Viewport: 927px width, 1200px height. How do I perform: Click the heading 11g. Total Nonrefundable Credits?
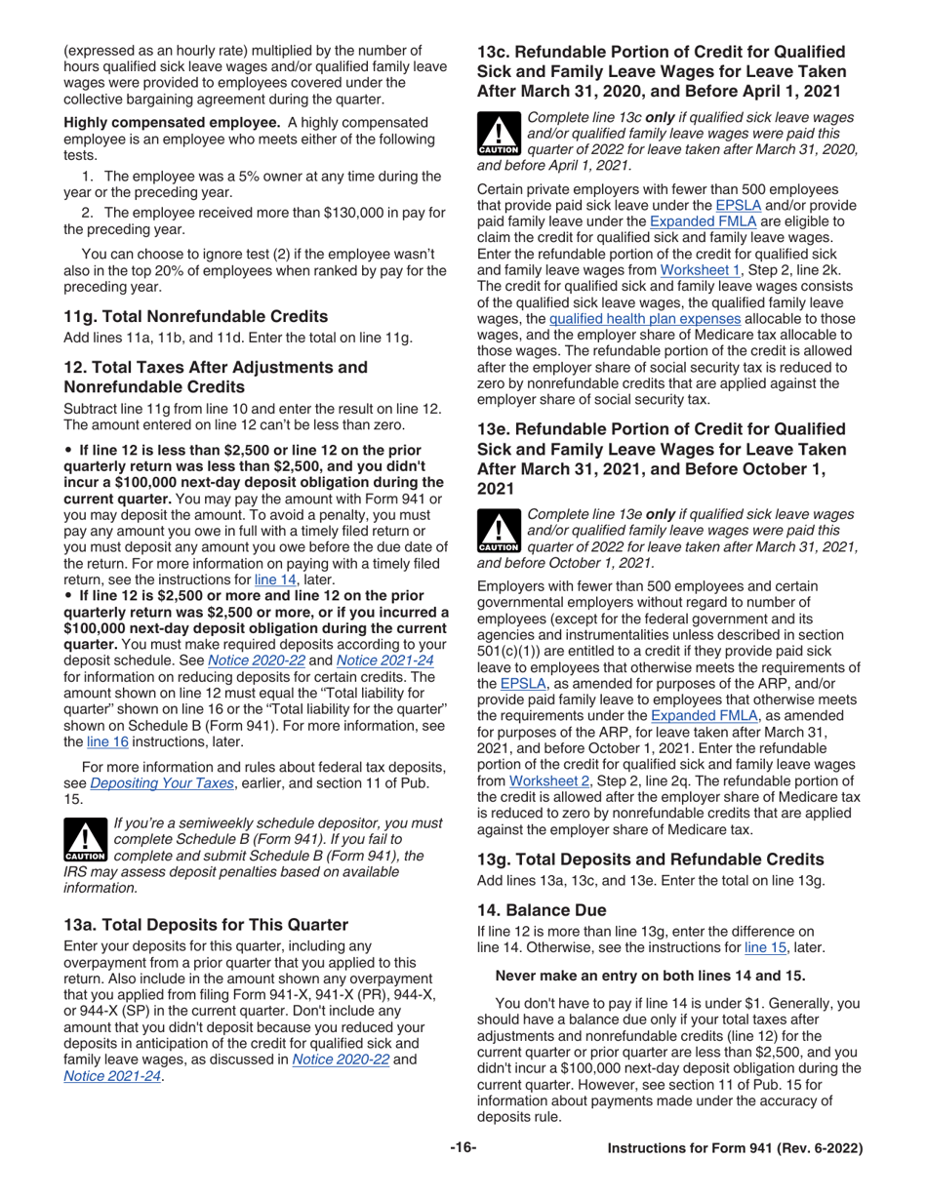pyautogui.click(x=195, y=316)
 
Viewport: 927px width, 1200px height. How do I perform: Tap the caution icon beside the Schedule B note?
pyautogui.click(x=85, y=841)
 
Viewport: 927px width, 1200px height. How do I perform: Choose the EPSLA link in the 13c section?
pyautogui.click(x=736, y=207)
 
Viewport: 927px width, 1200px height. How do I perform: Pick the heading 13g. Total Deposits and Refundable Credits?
pyautogui.click(x=650, y=860)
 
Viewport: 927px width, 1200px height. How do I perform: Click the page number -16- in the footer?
pyautogui.click(x=463, y=1149)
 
